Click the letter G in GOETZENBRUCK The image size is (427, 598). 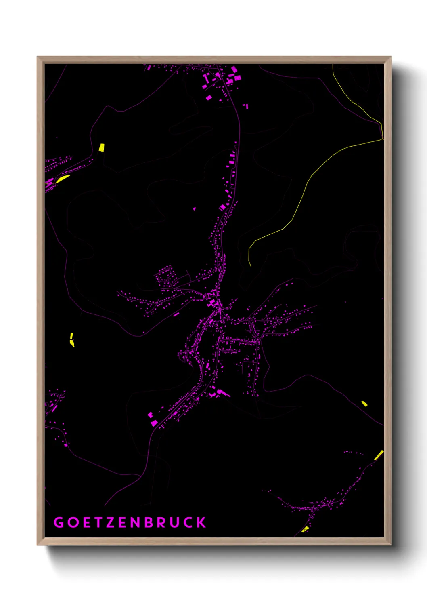[59, 522]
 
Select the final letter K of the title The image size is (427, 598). [201, 522]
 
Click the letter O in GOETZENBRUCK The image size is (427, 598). [73, 522]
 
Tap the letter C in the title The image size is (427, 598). [188, 522]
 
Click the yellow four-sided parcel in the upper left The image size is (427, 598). [102, 147]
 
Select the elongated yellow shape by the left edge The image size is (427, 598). [63, 178]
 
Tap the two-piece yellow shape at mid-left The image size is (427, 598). [72, 341]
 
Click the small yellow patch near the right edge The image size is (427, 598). [364, 403]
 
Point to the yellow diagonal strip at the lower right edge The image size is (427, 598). [379, 455]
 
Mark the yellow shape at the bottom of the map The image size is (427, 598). [306, 529]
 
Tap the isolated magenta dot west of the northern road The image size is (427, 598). [195, 209]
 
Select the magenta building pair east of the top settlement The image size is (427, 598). [245, 106]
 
